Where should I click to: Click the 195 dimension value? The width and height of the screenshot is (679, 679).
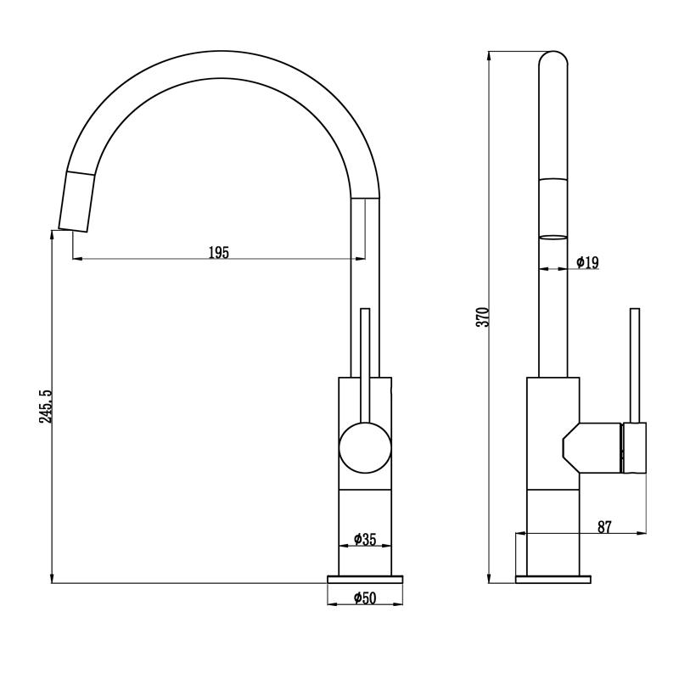click(219, 252)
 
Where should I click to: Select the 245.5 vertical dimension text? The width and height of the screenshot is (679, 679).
click(46, 407)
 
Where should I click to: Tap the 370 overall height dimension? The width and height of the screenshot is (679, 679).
click(483, 317)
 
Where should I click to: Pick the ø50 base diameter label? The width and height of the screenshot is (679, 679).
click(365, 598)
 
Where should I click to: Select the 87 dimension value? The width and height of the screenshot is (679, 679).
click(604, 526)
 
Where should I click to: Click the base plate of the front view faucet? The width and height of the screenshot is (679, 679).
click(365, 579)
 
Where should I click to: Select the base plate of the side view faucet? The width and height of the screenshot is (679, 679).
click(553, 579)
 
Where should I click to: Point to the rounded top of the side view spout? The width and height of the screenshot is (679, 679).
click(553, 59)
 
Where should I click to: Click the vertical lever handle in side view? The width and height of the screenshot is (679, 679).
click(633, 365)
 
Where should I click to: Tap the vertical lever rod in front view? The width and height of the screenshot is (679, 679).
click(366, 356)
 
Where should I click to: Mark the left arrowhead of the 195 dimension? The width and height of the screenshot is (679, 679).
click(76, 259)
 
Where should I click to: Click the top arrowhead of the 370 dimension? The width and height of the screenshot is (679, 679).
click(490, 56)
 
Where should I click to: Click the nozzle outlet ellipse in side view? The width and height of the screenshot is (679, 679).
click(553, 237)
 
